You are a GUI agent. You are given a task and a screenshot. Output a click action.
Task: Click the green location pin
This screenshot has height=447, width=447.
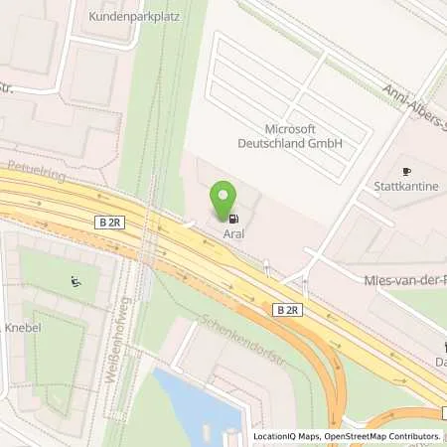pyautogui.click(x=226, y=199)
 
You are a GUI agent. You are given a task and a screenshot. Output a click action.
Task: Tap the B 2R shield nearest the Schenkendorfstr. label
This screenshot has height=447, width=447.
pyautogui.click(x=286, y=311)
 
